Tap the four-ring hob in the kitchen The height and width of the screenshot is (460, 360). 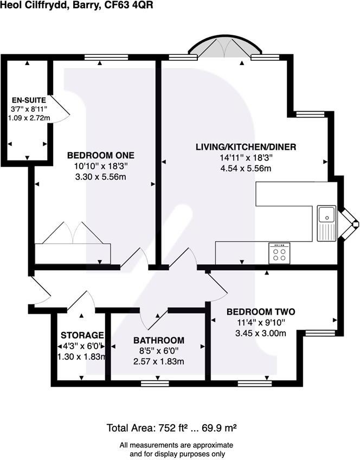click(280, 253)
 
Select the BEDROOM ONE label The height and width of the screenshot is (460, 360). click(100, 155)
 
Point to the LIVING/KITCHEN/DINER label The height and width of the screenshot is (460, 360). click(246, 147)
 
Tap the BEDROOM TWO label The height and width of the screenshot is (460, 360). click(260, 312)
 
